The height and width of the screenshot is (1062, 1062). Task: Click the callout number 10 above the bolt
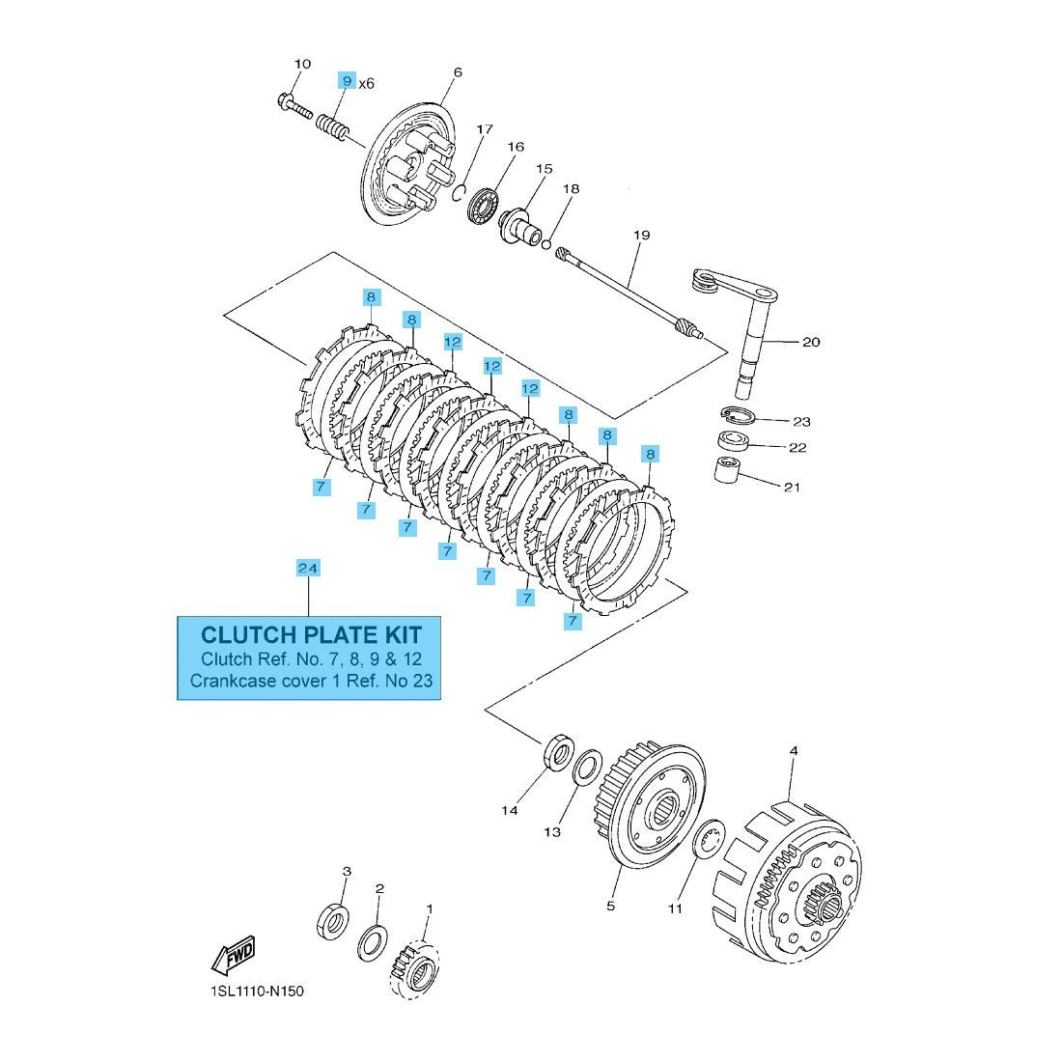(302, 64)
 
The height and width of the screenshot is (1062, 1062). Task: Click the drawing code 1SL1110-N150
(249, 991)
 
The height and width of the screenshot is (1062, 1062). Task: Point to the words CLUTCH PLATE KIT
(310, 634)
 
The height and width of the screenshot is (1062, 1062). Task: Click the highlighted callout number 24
(308, 568)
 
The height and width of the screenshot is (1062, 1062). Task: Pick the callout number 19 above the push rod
(642, 235)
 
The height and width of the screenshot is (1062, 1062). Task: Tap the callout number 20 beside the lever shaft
(811, 342)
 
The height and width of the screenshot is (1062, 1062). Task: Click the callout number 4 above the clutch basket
(793, 750)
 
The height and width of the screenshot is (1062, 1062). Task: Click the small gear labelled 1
(416, 966)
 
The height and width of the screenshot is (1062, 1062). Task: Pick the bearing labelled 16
(483, 205)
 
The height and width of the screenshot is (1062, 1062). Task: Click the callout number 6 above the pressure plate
(457, 71)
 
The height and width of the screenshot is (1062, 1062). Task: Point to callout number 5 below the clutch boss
(610, 906)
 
